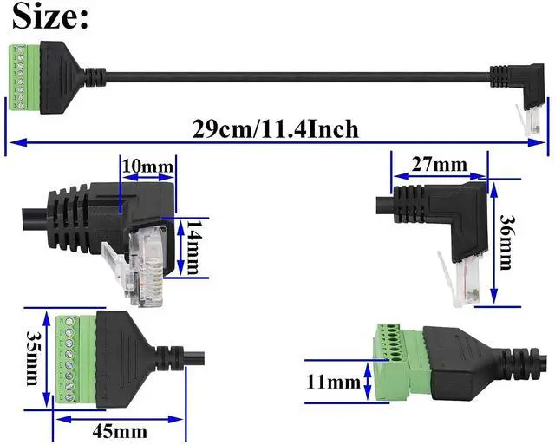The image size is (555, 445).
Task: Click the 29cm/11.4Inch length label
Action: [275, 128]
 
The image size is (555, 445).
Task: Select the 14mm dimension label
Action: [193, 246]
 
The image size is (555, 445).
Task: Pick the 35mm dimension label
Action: [33, 357]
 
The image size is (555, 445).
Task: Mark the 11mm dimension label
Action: [332, 381]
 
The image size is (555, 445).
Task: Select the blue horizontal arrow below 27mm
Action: [438, 177]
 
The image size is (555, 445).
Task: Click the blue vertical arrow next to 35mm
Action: [48, 357]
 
